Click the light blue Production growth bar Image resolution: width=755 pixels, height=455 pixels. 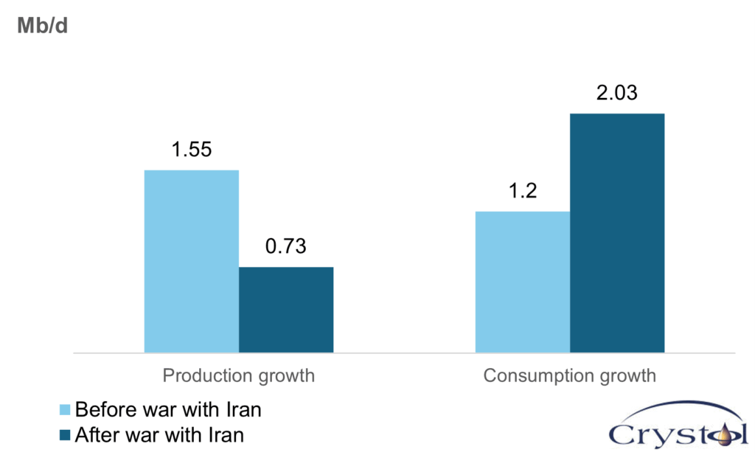pyautogui.click(x=191, y=261)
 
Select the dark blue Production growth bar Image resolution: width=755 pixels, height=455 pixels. pyautogui.click(x=286, y=309)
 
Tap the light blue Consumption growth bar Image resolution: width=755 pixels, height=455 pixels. pyautogui.click(x=522, y=282)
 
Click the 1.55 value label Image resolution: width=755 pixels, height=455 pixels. pyautogui.click(x=192, y=150)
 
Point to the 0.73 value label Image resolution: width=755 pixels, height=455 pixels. pyautogui.click(x=286, y=246)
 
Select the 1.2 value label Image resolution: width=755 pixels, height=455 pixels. pyautogui.click(x=522, y=191)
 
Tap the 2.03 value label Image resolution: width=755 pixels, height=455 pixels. pyautogui.click(x=617, y=94)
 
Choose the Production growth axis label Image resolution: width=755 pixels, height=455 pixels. pyautogui.click(x=238, y=376)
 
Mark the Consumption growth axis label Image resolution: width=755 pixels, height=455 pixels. pyautogui.click(x=569, y=376)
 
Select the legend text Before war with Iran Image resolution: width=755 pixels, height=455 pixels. pyautogui.click(x=168, y=410)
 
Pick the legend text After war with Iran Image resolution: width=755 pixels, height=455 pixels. pyautogui.click(x=159, y=435)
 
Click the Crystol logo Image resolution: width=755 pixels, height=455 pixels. pyautogui.click(x=678, y=428)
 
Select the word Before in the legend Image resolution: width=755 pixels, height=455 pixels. pyautogui.click(x=100, y=410)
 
